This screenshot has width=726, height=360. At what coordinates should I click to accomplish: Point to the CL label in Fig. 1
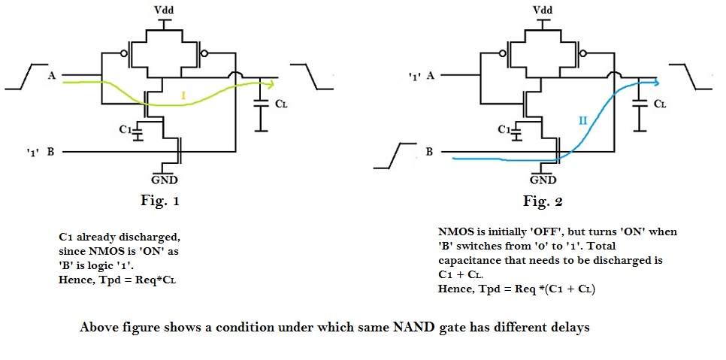tap(280, 104)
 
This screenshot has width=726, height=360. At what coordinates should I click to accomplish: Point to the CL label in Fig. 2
tap(658, 104)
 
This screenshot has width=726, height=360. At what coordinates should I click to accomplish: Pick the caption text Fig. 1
tap(162, 201)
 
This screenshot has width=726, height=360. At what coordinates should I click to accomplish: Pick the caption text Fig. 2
tap(543, 201)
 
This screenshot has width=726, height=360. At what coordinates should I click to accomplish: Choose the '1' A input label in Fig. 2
tap(419, 75)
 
